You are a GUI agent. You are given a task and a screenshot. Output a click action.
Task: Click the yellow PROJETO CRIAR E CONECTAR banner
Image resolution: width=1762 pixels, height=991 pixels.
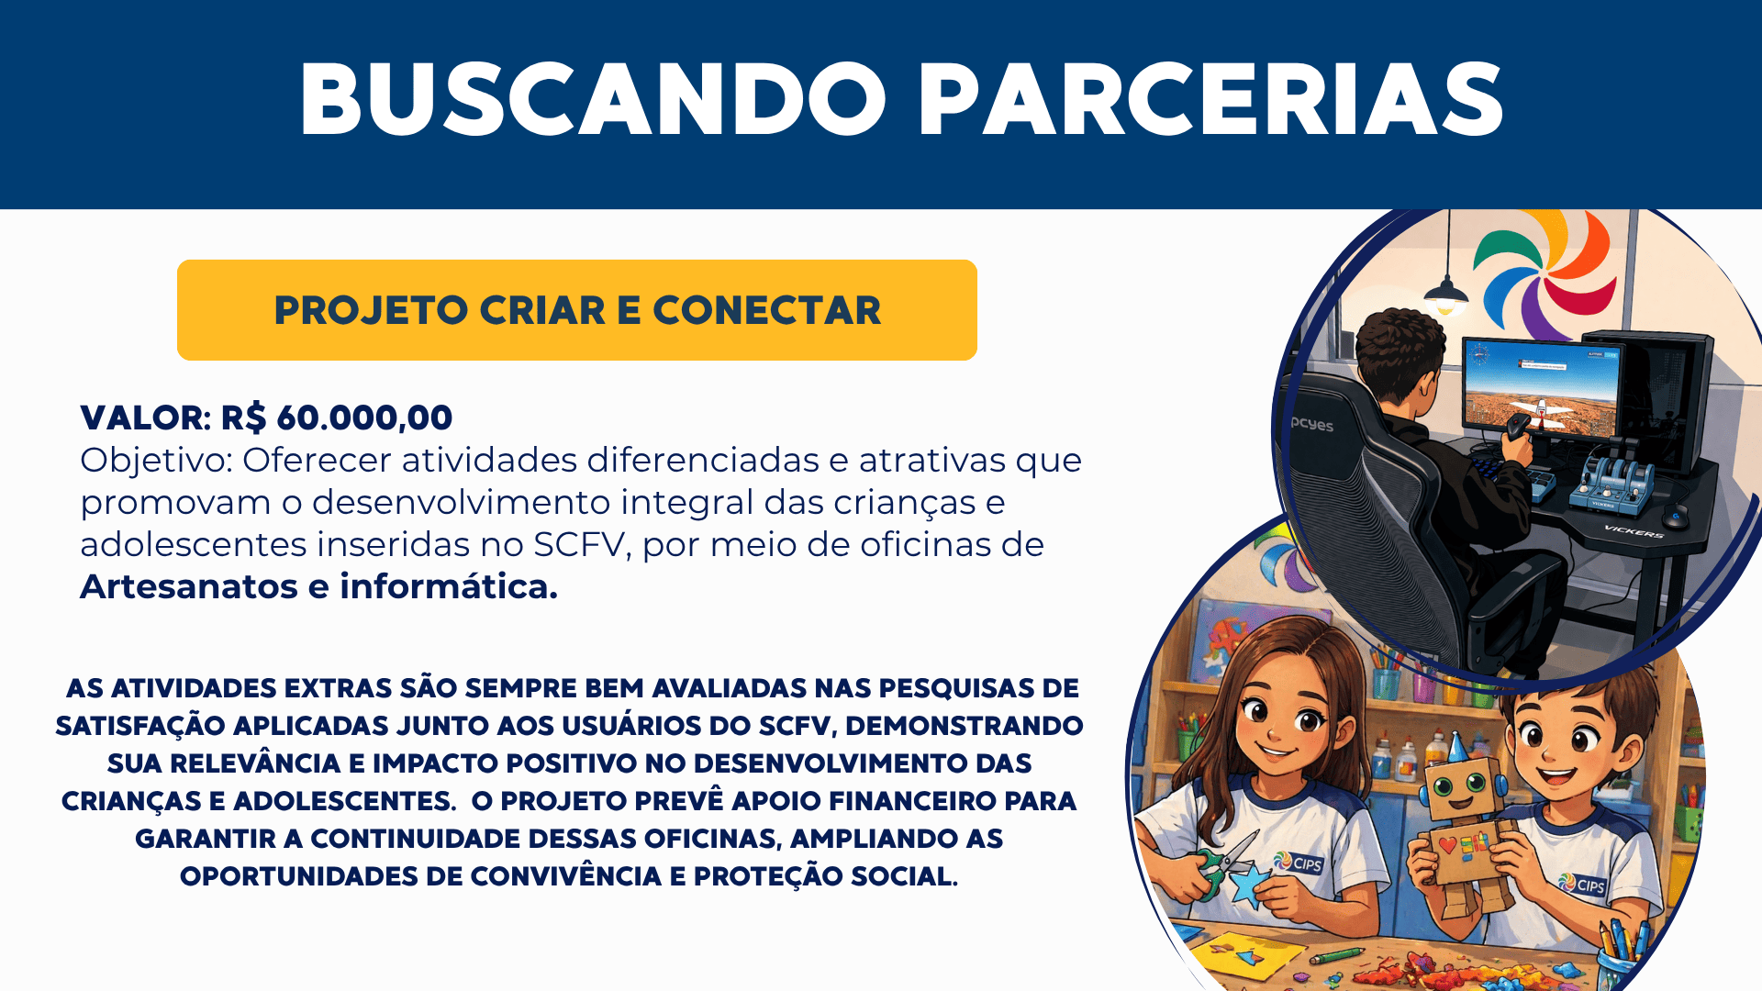[577, 310]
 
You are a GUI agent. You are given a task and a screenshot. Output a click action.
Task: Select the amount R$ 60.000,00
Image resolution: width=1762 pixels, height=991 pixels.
[337, 418]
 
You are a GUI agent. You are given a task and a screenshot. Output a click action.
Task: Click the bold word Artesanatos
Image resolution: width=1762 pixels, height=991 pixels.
[189, 586]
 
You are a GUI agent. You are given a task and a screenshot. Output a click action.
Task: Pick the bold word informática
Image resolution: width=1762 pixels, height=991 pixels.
[449, 586]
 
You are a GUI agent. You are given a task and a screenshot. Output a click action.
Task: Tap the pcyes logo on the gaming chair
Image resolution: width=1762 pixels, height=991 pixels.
[1312, 424]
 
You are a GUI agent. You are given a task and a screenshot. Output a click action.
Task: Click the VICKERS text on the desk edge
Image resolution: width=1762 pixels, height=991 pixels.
[1634, 530]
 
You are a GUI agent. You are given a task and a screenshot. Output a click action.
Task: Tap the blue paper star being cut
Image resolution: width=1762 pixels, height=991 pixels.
[1248, 885]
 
